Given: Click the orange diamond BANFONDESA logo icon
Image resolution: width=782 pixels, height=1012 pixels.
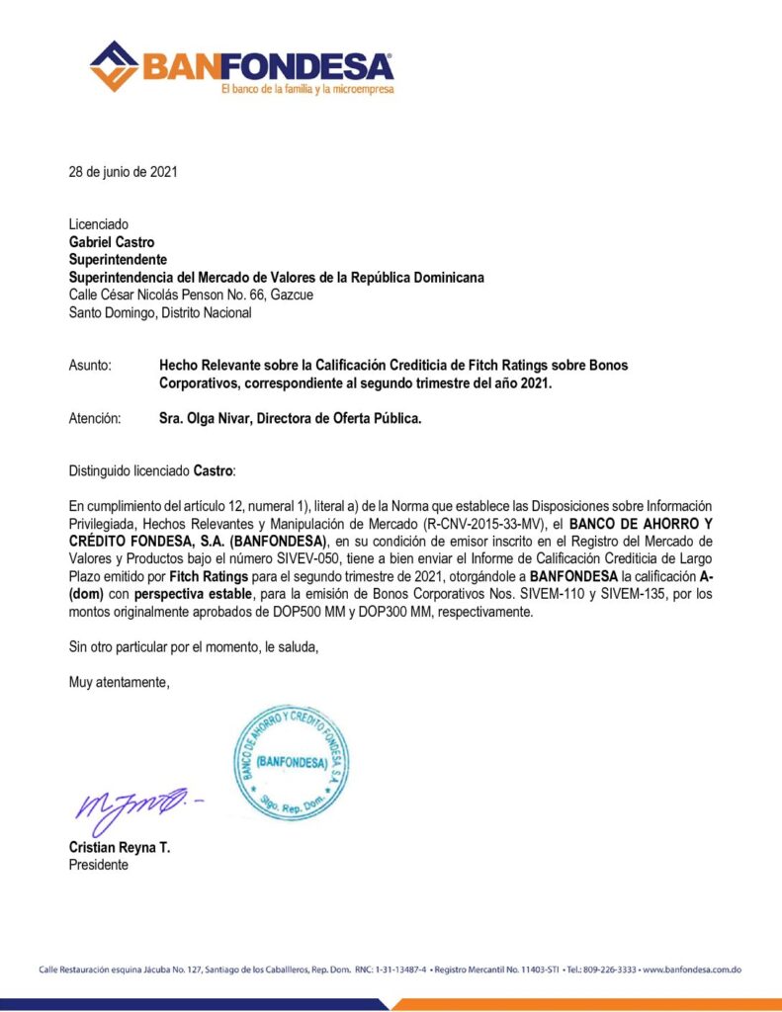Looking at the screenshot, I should click(x=114, y=65).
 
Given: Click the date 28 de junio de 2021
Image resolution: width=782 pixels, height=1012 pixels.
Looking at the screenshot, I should click(x=124, y=172).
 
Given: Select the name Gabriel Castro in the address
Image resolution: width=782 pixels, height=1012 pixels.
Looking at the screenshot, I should click(x=112, y=242).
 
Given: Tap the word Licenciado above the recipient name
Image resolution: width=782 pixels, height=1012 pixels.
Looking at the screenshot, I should click(x=99, y=224).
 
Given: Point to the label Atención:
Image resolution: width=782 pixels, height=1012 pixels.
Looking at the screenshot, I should click(x=95, y=418).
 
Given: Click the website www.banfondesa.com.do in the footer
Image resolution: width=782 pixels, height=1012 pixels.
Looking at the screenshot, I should click(x=692, y=970).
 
